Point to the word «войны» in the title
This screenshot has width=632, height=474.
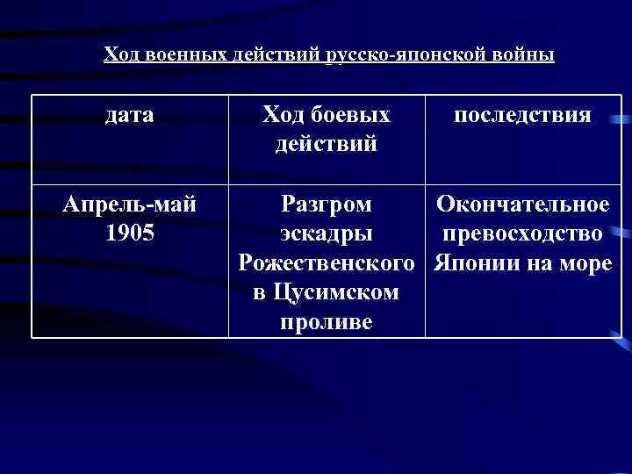pos(525,55)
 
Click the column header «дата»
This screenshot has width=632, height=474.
pos(129,115)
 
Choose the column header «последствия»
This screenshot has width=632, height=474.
pos(522,115)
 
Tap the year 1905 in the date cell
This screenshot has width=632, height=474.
pos(129,235)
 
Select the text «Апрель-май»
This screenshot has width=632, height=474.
pos(129,205)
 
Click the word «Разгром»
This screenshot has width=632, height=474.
pos(327,205)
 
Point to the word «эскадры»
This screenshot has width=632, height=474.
pos(327,235)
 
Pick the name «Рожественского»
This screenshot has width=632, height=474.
pos(327,263)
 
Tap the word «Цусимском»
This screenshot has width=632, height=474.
pos(337,292)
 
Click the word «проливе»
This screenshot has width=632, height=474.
pos(327,321)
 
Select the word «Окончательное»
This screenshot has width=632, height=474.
pos(522,205)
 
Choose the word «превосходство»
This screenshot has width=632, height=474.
pos(522,235)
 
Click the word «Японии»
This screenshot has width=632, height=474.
pos(473,263)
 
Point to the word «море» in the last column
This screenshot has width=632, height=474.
pos(583,263)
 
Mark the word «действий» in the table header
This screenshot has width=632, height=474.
pos(327,142)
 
